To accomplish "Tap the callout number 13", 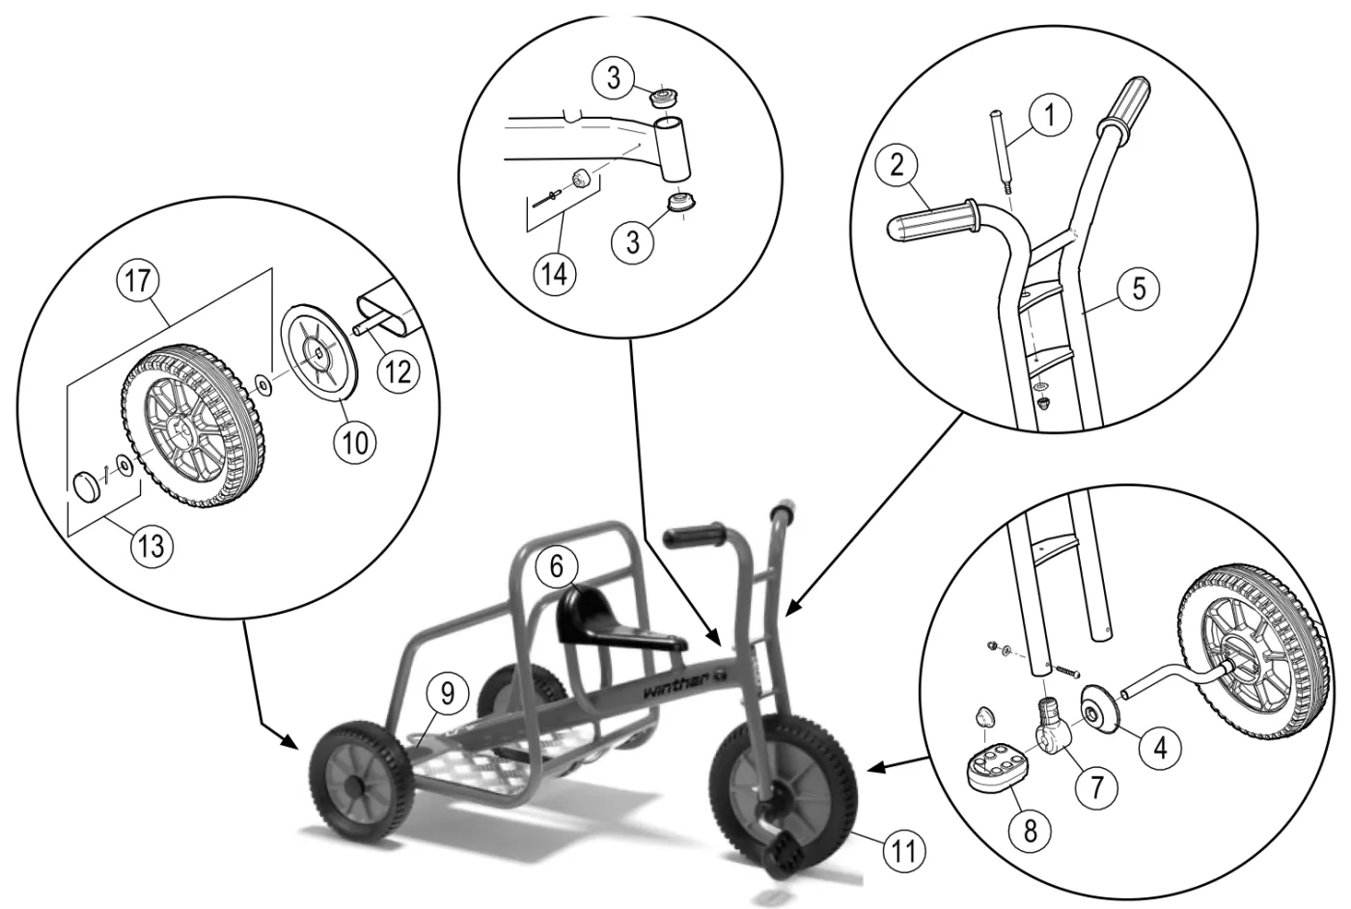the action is [x=152, y=546].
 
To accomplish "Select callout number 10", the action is [x=355, y=443].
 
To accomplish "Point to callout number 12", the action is [x=398, y=372].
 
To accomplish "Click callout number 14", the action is [x=555, y=274].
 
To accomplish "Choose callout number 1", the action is [x=1050, y=115].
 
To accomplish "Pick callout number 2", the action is [x=897, y=165].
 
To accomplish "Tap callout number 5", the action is [x=1139, y=289].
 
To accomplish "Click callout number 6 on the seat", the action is [x=556, y=566].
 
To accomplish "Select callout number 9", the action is [x=447, y=694].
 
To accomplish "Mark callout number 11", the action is [x=903, y=852].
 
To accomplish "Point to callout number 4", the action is [x=1160, y=748].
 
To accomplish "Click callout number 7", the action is [x=1096, y=785].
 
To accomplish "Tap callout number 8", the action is [x=1031, y=831].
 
